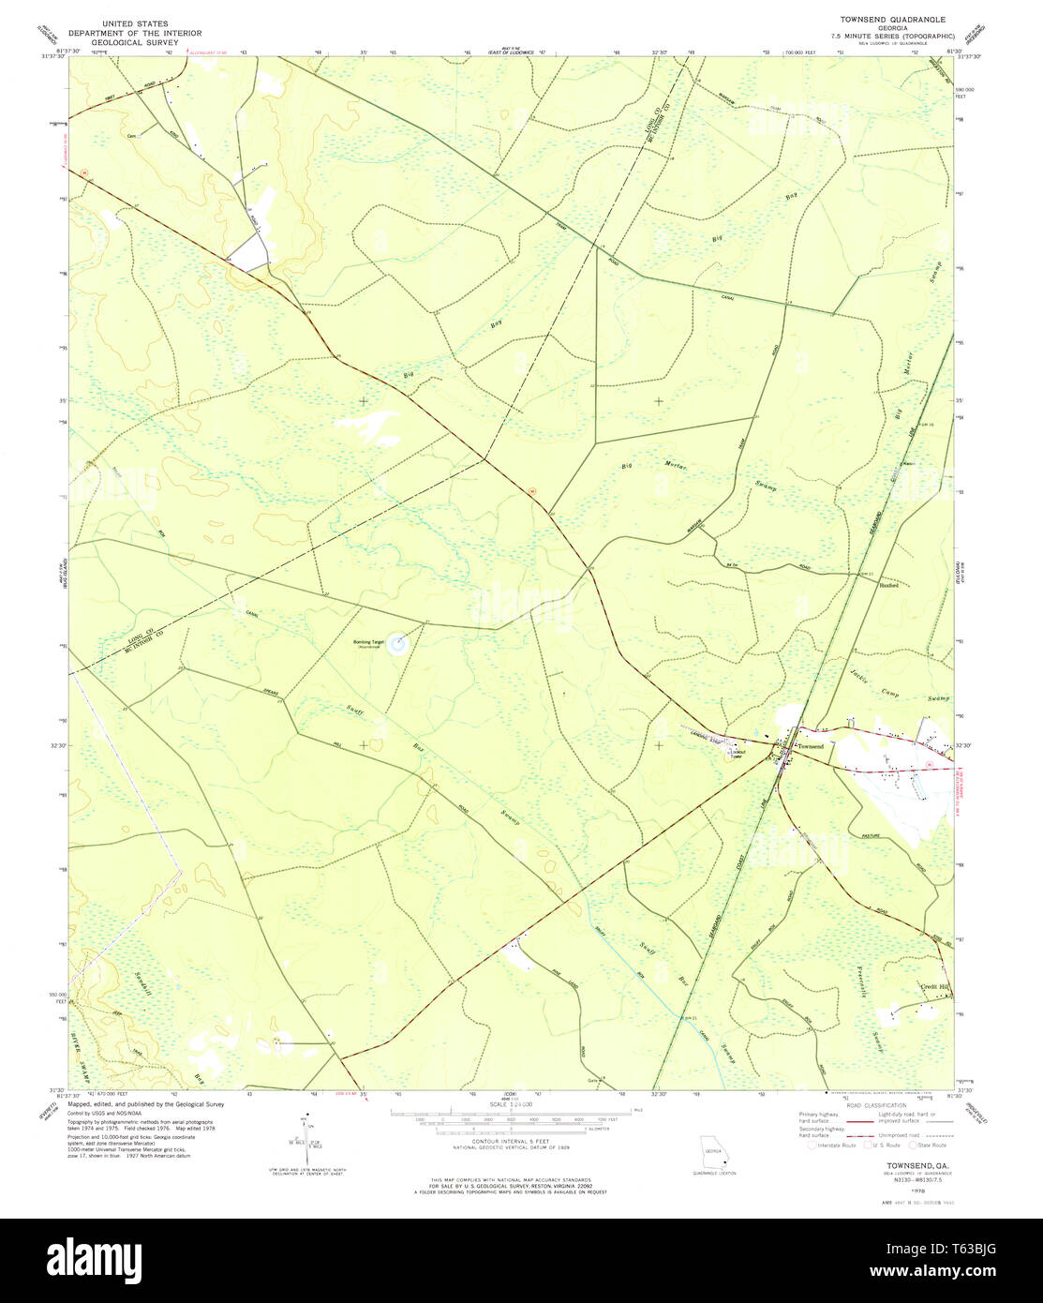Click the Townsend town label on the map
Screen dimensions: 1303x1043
pyautogui.click(x=810, y=745)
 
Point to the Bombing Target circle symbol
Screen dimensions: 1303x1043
pyautogui.click(x=398, y=643)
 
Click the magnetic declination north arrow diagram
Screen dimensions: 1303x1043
pyautogui.click(x=305, y=1139)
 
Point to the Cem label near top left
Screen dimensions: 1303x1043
pyautogui.click(x=132, y=135)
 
